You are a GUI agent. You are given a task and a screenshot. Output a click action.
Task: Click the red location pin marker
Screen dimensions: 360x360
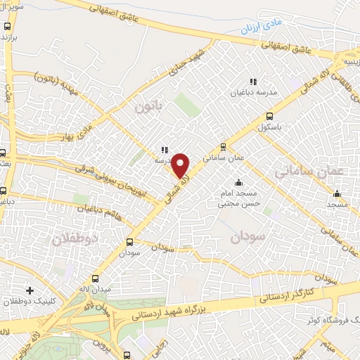coord(181,166)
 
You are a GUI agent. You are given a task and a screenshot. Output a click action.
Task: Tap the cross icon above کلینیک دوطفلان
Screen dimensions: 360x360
coord(30,290)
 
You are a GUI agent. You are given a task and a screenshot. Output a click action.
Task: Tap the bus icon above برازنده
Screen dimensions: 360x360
coord(8,26)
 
